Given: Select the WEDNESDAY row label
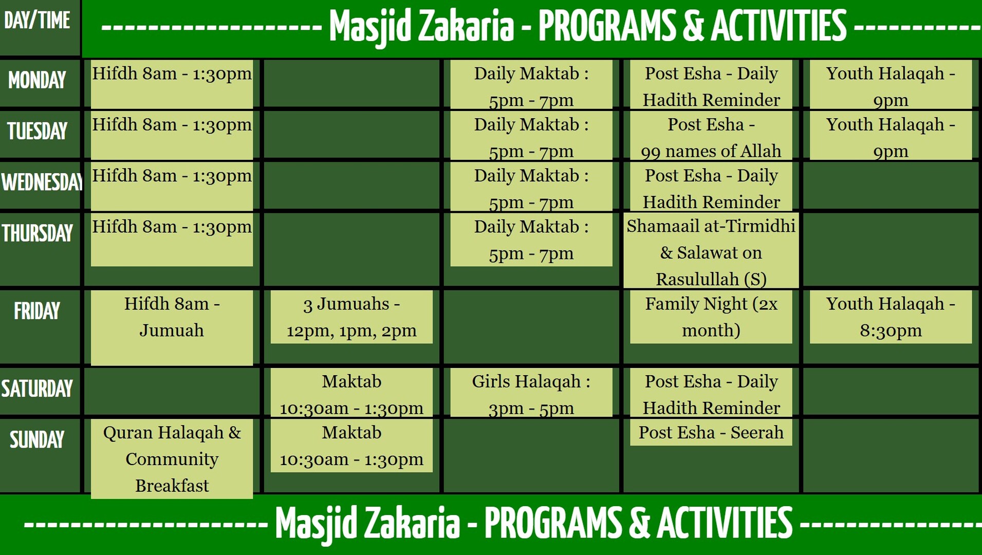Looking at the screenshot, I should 41,183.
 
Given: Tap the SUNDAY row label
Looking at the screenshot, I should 37,440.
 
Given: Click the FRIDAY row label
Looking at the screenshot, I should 37,311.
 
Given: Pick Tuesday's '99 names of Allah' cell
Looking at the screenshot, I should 711,138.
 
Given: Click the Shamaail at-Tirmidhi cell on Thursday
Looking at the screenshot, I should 711,252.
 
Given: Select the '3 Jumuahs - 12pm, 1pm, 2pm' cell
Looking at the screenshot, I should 351,317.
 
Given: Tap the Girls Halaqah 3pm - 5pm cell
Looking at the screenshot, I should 531,394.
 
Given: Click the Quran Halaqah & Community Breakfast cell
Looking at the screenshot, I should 172,459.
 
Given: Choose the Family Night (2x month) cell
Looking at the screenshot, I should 711,317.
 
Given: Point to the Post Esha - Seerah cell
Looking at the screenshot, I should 711,433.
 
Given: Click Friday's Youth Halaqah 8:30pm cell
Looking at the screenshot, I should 890,317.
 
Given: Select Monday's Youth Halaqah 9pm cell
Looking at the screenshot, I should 890,86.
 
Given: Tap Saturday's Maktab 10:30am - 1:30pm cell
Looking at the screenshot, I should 351,394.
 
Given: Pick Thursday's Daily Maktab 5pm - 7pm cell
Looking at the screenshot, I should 531,240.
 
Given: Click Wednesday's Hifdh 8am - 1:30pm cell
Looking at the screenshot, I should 172,185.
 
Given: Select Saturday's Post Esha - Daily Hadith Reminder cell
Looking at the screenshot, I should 711,394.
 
